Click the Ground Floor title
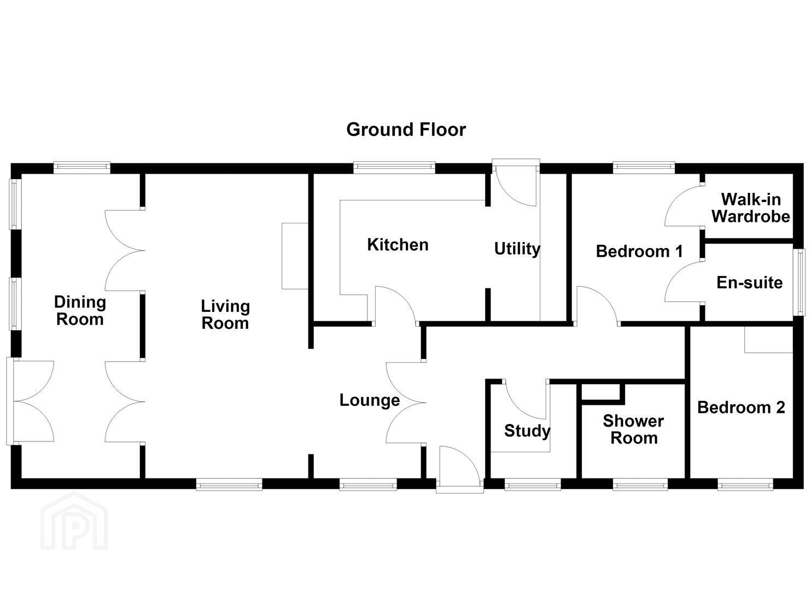tap(406, 129)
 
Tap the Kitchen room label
tap(398, 245)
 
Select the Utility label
tap(517, 249)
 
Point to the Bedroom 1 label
tap(639, 251)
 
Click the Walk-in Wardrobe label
tap(751, 208)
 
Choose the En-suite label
tap(750, 282)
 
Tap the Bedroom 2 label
tap(741, 408)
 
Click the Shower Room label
tap(634, 429)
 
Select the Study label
tap(527, 431)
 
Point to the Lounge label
tap(370, 400)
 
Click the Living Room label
tap(225, 315)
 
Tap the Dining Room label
tap(80, 311)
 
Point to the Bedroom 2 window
tap(745, 485)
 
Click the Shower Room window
tap(640, 485)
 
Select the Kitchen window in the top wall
tap(394, 167)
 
